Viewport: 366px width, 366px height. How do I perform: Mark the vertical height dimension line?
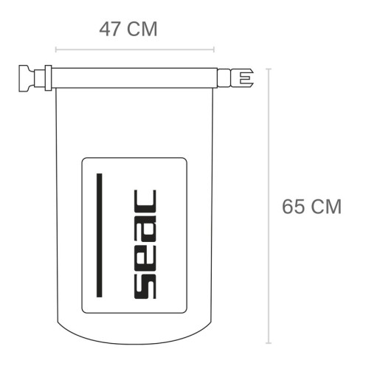pos(269,206)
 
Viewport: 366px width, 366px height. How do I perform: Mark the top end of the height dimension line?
pos(269,69)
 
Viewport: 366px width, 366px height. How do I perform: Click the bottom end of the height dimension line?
pos(269,343)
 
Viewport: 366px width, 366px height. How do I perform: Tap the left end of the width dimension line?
pos(56,52)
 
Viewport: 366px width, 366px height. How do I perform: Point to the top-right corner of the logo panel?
pos(184,159)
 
